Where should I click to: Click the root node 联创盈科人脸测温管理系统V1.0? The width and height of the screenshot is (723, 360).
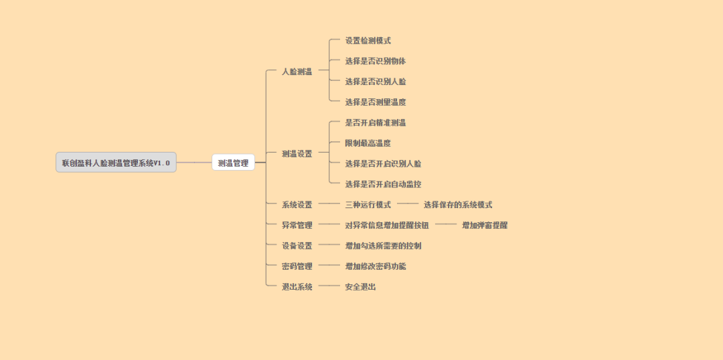tap(116, 163)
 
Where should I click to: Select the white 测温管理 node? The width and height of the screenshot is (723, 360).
tap(233, 163)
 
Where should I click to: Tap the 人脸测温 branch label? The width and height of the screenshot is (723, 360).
tap(297, 72)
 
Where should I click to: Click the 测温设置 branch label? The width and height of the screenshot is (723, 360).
tap(297, 154)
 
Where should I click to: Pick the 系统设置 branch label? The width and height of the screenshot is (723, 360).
tap(297, 205)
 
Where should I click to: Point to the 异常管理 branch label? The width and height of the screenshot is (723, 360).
tap(297, 226)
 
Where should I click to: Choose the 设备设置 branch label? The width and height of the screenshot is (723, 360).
tap(297, 246)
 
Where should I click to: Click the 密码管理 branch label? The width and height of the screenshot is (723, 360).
tap(297, 266)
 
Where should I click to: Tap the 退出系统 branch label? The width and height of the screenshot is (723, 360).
tap(297, 287)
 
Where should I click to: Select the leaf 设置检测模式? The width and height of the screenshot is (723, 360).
tap(368, 41)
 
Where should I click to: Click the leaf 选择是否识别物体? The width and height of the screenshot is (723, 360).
tap(375, 62)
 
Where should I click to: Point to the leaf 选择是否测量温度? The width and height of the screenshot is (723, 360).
tap(375, 102)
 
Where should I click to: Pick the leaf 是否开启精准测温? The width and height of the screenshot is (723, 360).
tap(375, 123)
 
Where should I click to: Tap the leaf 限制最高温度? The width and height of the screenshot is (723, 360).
tap(368, 143)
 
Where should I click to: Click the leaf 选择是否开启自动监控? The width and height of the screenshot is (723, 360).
tap(383, 184)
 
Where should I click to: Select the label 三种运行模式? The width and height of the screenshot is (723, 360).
tap(368, 205)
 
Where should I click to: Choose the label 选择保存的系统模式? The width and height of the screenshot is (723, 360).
tap(457, 205)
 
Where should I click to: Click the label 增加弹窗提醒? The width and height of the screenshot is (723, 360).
tap(484, 226)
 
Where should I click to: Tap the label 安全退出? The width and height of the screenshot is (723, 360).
tap(360, 287)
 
